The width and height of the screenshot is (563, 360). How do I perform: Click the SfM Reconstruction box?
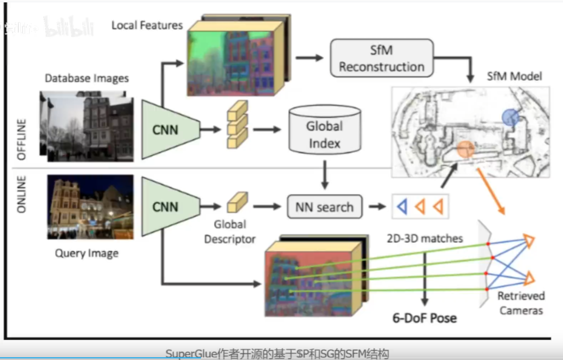(382, 58)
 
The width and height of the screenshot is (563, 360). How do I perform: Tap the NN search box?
(324, 207)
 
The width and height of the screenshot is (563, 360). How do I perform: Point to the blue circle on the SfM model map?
(510, 117)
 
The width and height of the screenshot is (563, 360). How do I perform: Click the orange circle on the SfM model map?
(465, 150)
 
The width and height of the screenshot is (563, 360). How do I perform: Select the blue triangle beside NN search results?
(402, 207)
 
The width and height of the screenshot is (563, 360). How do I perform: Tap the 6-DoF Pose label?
(425, 318)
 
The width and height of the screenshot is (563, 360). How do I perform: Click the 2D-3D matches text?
(425, 239)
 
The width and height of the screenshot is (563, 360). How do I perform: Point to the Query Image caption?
(87, 253)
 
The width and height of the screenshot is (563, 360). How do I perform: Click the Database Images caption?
(87, 78)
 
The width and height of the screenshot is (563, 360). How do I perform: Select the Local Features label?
(147, 25)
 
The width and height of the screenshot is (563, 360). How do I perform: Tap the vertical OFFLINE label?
(21, 139)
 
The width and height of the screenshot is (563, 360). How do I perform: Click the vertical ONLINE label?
(21, 194)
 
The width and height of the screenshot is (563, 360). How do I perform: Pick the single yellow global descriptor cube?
(237, 202)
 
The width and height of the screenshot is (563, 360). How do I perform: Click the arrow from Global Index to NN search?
(325, 174)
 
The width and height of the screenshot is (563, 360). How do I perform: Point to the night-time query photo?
(90, 207)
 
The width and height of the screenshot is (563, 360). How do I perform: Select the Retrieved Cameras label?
(521, 303)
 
